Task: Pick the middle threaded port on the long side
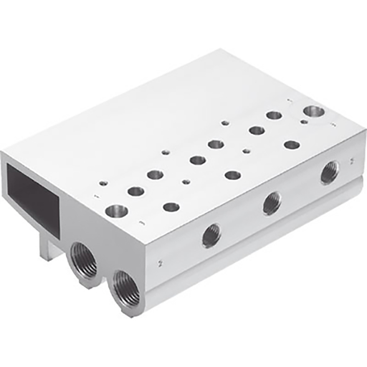coord(272,204)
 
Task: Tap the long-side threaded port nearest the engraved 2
coord(211,235)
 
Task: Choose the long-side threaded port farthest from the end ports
coord(330,171)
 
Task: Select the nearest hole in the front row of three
coord(171,207)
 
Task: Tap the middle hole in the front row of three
coord(232,174)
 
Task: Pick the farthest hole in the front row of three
coord(291,144)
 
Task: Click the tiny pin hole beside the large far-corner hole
coord(304,123)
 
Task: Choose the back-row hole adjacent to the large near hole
coord(135,191)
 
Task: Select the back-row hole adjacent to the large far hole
coord(274,115)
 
